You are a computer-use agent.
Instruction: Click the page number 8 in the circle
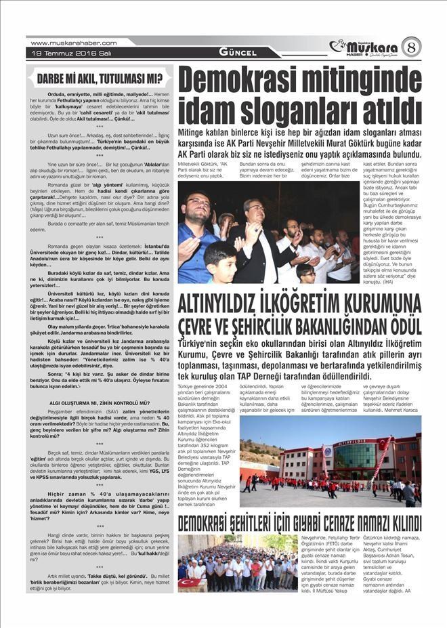pyautogui.click(x=411, y=47)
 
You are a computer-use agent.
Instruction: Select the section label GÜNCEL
pyautogui.click(x=238, y=52)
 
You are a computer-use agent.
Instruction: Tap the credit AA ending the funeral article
pyautogui.click(x=407, y=591)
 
